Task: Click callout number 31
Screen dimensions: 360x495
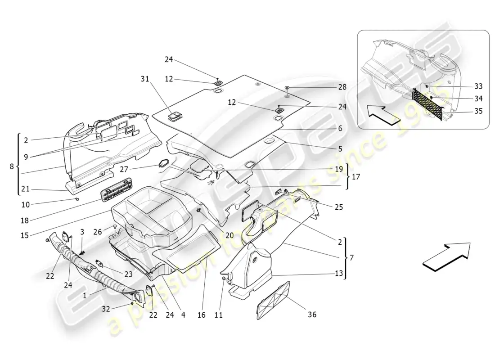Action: point(144,78)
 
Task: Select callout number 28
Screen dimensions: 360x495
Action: point(342,87)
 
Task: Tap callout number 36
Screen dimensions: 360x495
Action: point(311,315)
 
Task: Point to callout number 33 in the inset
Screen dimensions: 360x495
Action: point(478,86)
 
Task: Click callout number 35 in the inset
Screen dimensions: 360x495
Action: point(478,111)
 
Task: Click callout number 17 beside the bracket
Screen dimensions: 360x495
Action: point(355,177)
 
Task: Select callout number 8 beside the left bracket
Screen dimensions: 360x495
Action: point(12,166)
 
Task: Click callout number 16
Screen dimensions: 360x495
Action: point(201,315)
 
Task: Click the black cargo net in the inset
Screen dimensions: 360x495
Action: point(427,103)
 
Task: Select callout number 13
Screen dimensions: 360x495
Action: point(338,273)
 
